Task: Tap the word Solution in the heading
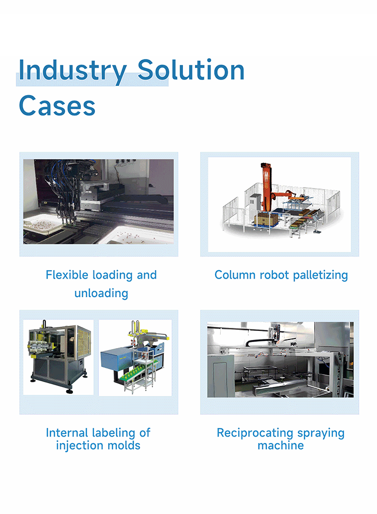tap(191, 70)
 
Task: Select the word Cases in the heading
tap(57, 106)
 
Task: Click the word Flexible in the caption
tap(67, 275)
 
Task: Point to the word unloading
tap(101, 293)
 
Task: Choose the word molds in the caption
tap(126, 446)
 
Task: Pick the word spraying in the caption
tap(321, 433)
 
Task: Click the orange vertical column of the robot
tap(265, 186)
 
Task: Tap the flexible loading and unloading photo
tap(99, 202)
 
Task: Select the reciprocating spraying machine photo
tap(280, 359)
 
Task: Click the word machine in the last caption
tap(280, 446)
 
